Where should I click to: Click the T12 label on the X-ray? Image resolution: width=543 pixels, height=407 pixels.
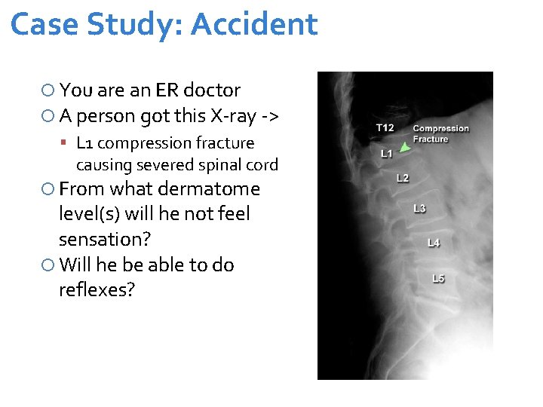click(x=385, y=127)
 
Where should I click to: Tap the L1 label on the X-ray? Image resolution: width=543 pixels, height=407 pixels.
click(x=386, y=154)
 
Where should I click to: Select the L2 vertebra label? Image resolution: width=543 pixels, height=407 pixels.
click(x=403, y=178)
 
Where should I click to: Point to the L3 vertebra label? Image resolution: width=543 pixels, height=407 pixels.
click(x=419, y=208)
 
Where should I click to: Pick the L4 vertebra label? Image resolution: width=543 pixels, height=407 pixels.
click(x=434, y=242)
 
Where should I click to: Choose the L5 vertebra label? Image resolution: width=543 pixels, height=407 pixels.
click(x=438, y=278)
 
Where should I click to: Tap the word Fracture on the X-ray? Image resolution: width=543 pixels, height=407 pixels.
click(x=431, y=139)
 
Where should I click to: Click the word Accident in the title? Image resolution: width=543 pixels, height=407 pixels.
click(x=254, y=24)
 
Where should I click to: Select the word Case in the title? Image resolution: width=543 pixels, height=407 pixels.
click(x=45, y=24)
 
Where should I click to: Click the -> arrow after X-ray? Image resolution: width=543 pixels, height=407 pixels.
click(x=269, y=116)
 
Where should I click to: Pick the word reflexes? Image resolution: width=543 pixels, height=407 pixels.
click(x=97, y=289)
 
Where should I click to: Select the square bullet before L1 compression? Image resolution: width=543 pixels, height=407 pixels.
click(x=66, y=143)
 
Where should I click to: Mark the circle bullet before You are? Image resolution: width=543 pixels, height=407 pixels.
click(x=48, y=91)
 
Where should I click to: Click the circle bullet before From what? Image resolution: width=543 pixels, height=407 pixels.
click(x=48, y=189)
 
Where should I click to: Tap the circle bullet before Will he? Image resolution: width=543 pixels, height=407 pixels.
click(x=48, y=265)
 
